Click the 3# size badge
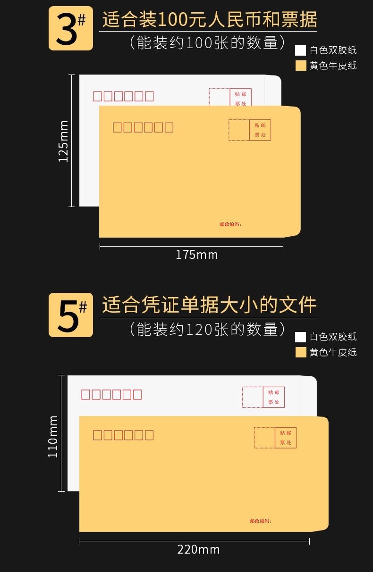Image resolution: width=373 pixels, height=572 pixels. pyautogui.click(x=70, y=28)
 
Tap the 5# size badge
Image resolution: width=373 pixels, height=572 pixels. pyautogui.click(x=70, y=315)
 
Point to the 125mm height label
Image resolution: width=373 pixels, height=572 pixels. pyautogui.click(x=63, y=141)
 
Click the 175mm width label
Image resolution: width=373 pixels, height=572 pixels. pyautogui.click(x=196, y=255)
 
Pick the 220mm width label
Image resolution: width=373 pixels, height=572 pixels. pyautogui.click(x=198, y=550)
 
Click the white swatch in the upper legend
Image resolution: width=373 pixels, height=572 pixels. pyautogui.click(x=300, y=50)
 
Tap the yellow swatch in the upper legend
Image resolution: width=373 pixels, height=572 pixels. pyautogui.click(x=301, y=66)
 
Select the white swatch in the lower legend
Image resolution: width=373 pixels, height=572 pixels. pyautogui.click(x=300, y=337)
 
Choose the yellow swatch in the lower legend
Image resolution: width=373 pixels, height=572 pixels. pyautogui.click(x=301, y=352)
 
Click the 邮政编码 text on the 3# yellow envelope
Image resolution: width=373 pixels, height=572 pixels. pyautogui.click(x=230, y=224)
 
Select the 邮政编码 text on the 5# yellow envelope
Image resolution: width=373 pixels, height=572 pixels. pyautogui.click(x=261, y=521)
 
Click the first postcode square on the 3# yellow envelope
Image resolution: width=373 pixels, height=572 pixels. pyautogui.click(x=117, y=127)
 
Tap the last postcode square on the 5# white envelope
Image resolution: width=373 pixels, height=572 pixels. pyautogui.click(x=137, y=395)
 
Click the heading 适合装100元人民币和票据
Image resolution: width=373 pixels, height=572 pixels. pyautogui.click(x=210, y=20)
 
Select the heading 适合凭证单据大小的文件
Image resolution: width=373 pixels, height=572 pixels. pyautogui.click(x=209, y=305)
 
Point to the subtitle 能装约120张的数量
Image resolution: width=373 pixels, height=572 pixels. pyautogui.click(x=207, y=330)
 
